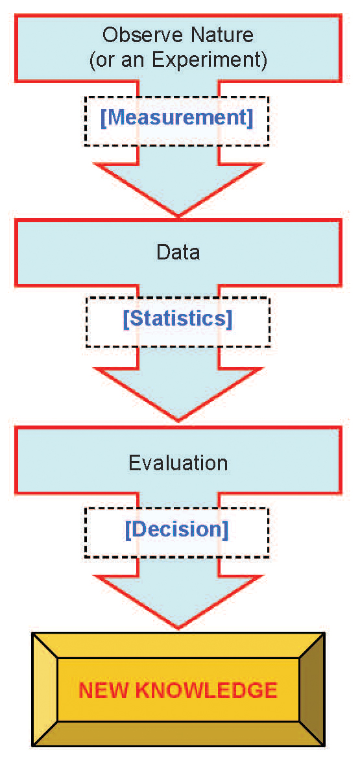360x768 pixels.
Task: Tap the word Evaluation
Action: [x=178, y=463]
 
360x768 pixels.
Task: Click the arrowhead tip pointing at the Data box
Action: [x=178, y=215]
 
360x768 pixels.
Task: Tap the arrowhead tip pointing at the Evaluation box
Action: [x=178, y=421]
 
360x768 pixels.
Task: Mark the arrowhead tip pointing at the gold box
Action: [x=178, y=628]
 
